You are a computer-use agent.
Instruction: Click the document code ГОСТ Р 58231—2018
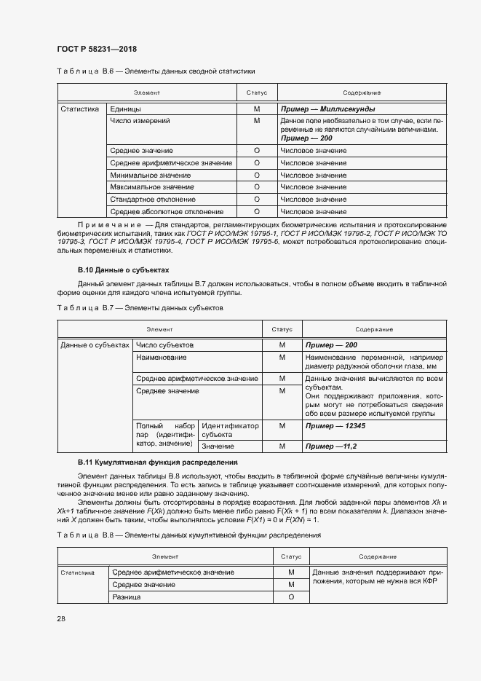click(96, 49)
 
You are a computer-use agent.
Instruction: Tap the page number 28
click(60, 618)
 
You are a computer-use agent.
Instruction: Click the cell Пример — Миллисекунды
click(327, 109)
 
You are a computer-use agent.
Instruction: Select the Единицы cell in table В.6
click(120, 109)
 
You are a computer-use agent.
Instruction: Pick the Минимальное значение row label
click(150, 176)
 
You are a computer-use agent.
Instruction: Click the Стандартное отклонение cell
click(152, 199)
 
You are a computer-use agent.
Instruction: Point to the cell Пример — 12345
click(335, 425)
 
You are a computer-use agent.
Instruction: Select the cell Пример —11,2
click(331, 446)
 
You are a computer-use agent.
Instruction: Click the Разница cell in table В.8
click(124, 597)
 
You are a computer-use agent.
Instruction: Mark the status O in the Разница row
click(291, 597)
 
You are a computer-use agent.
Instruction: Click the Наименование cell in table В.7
click(161, 357)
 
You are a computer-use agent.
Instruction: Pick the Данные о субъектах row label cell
click(95, 345)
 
